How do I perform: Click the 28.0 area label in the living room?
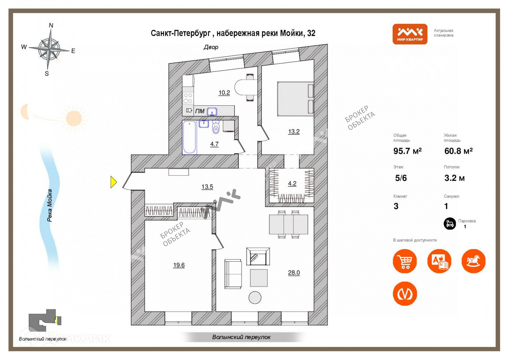(x=294, y=273)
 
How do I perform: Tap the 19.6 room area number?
(x=179, y=265)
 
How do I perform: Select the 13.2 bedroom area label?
(x=294, y=132)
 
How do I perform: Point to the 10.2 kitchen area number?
(x=224, y=93)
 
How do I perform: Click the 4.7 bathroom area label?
(x=214, y=144)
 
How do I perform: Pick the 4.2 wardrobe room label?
(x=292, y=183)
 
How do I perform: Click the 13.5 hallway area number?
(x=207, y=187)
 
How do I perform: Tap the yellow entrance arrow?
(x=114, y=182)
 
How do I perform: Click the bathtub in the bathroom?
(x=189, y=138)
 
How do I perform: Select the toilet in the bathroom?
(x=216, y=127)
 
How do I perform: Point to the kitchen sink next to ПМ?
(x=212, y=111)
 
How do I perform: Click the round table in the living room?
(x=255, y=297)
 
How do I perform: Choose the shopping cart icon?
(x=405, y=261)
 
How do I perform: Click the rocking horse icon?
(x=473, y=261)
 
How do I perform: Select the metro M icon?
(x=405, y=294)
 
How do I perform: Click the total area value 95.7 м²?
(x=407, y=151)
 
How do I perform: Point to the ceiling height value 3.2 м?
(x=454, y=178)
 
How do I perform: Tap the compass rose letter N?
(x=51, y=25)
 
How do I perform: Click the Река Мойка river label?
(x=50, y=205)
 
